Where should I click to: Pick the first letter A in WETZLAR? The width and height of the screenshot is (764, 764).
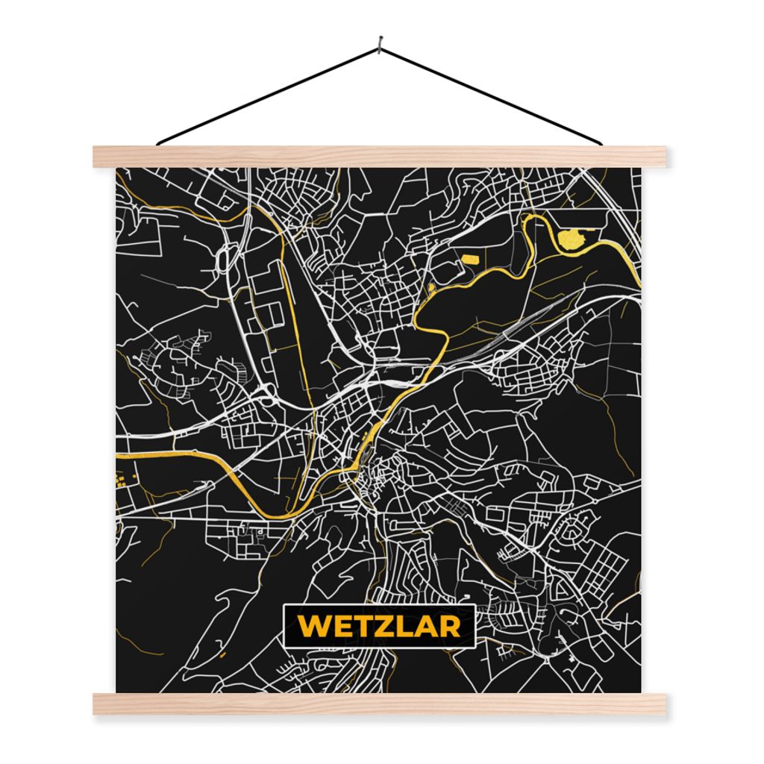pyautogui.click(x=424, y=626)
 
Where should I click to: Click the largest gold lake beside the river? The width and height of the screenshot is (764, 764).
pyautogui.click(x=573, y=237)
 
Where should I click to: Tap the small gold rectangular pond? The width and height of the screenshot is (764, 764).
pyautogui.click(x=472, y=260)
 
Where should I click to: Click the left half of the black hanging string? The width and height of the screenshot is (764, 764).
pyautogui.click(x=269, y=94)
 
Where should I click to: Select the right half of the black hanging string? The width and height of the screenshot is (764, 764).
pyautogui.click(x=492, y=94)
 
